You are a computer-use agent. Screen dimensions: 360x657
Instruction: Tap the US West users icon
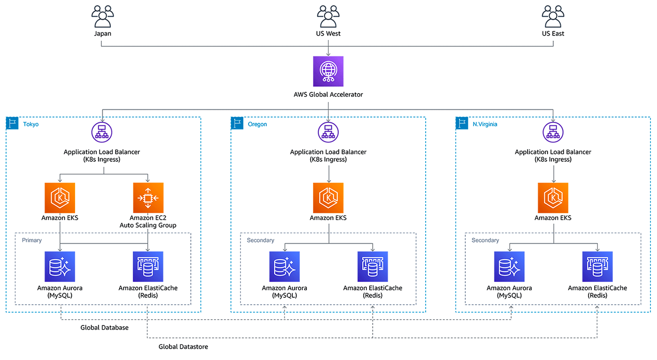[328, 17]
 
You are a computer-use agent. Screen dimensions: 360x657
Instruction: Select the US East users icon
[553, 17]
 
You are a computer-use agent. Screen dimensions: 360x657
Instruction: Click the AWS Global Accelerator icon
[328, 71]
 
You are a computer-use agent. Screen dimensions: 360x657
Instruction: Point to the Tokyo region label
[31, 124]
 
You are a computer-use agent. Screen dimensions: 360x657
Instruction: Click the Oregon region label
[257, 124]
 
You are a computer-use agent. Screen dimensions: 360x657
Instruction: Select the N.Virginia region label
[485, 124]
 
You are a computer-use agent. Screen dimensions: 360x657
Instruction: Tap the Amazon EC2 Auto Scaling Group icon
[148, 198]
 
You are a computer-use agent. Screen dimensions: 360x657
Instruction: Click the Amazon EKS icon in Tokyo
[60, 198]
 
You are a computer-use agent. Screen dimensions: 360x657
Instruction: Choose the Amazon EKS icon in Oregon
[328, 198]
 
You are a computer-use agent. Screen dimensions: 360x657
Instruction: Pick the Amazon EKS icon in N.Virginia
[553, 198]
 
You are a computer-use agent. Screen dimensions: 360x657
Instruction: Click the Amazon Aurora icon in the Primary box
[60, 267]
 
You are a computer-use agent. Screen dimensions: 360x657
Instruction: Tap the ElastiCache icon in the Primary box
[148, 267]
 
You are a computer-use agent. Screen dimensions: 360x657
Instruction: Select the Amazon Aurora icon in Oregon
[284, 267]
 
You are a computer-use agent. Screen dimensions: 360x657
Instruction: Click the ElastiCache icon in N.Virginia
[597, 267]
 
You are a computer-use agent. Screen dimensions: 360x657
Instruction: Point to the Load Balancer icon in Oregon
[328, 132]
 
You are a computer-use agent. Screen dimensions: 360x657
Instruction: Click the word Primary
[32, 240]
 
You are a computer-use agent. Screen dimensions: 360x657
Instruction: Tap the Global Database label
[105, 328]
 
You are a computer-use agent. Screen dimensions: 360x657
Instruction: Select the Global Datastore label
[183, 347]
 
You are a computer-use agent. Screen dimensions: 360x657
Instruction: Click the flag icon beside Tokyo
[12, 123]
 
